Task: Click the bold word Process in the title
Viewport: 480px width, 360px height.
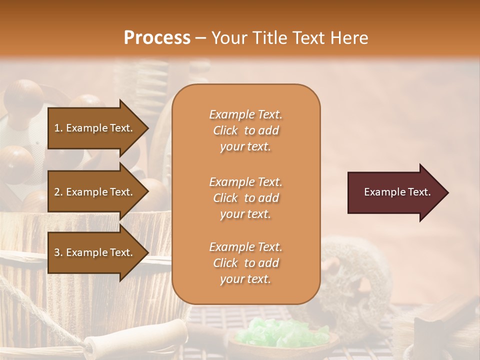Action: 157,38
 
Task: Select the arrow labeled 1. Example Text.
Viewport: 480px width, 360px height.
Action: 95,128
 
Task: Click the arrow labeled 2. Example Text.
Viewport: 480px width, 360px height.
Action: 95,192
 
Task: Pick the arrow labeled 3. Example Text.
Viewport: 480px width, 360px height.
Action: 95,252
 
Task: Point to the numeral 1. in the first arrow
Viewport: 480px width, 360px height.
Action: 58,128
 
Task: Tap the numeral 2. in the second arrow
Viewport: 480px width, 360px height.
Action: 58,192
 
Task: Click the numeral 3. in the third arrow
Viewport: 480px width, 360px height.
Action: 58,252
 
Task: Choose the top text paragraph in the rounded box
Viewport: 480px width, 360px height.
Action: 245,130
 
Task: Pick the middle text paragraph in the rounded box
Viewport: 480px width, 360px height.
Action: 245,198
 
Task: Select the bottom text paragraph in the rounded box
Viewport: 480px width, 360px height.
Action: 245,263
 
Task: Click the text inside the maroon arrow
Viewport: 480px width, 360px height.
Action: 397,192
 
